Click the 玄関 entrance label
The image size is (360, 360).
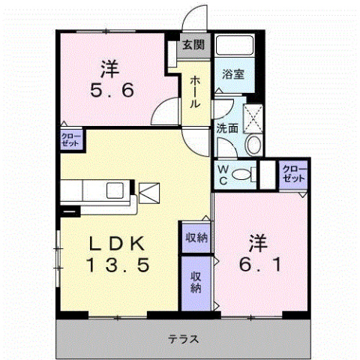click(x=193, y=44)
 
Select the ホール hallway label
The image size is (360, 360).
click(x=194, y=92)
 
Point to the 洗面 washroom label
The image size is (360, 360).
click(x=227, y=127)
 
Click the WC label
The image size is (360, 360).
click(x=223, y=174)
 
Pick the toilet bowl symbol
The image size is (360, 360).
click(x=241, y=175)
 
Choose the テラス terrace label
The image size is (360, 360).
click(x=183, y=338)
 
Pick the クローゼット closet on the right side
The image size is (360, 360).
click(x=292, y=176)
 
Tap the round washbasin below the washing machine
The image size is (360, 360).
click(x=253, y=144)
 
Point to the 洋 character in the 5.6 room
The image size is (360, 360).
click(x=110, y=67)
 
